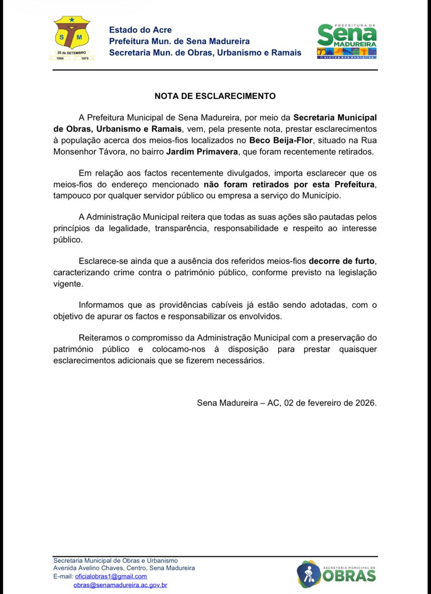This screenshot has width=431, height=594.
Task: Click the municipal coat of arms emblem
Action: tap(72, 38)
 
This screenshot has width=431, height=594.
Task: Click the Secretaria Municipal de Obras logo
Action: tap(336, 574)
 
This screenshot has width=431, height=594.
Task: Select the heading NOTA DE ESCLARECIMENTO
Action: tap(215, 96)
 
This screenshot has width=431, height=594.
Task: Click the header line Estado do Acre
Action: tap(134, 30)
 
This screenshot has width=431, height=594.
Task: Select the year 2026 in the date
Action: tap(366, 403)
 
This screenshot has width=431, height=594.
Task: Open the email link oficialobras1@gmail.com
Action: tap(111, 576)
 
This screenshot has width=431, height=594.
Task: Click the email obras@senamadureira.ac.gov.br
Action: tap(121, 585)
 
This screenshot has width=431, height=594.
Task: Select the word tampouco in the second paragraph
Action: tap(70, 196)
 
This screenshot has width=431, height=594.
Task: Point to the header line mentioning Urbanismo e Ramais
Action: tap(205, 52)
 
